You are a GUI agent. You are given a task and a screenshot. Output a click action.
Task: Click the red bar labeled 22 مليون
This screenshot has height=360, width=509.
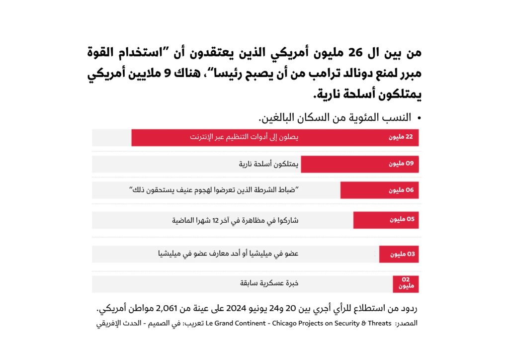coord(275,137)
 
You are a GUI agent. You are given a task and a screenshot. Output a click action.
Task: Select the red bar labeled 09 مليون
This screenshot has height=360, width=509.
coord(359,164)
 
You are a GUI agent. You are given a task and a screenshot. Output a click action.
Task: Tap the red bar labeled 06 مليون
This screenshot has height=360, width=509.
coord(379,190)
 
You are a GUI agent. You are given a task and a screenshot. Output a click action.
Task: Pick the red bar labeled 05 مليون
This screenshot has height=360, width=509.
coord(386,220)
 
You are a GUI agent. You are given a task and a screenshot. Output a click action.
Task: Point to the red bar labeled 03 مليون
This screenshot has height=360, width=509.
coord(399,254)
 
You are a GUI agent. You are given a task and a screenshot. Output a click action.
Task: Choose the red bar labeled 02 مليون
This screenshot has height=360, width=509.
coord(406,283)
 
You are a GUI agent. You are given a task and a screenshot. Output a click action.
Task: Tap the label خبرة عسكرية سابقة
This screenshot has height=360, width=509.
coord(269,283)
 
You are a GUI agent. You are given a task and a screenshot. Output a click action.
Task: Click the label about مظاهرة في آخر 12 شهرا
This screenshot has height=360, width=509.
coord(235,220)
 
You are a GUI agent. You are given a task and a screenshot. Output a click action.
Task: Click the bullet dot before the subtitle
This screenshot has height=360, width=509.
coord(419,118)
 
